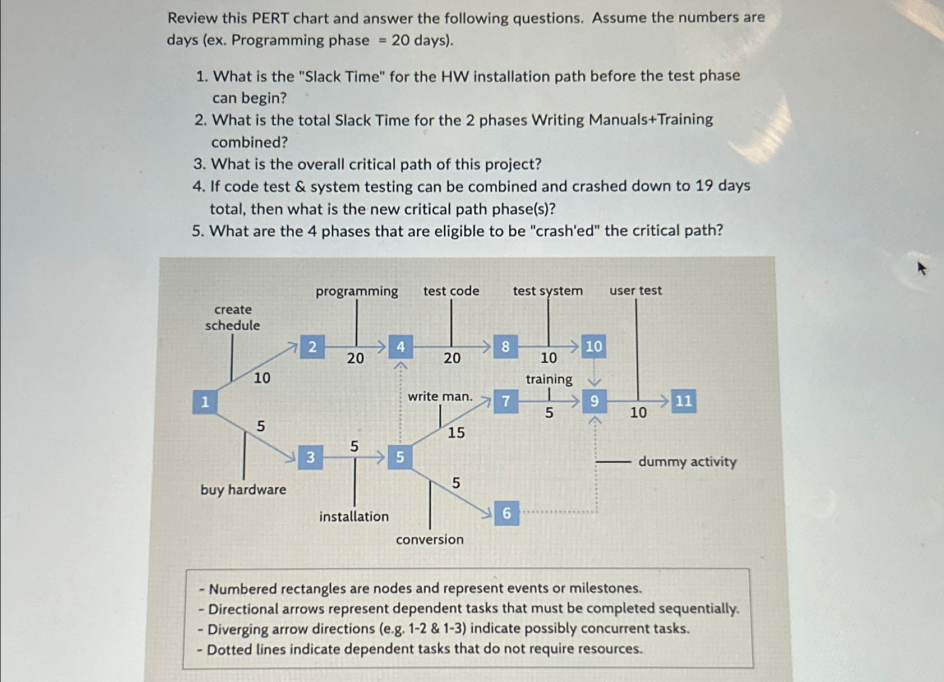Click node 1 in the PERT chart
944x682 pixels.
click(205, 402)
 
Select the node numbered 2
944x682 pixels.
click(312, 347)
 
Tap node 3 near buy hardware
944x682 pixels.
click(310, 458)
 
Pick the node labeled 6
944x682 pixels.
click(506, 513)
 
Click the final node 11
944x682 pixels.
click(683, 401)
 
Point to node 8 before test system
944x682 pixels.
click(505, 347)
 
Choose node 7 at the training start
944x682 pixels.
click(506, 401)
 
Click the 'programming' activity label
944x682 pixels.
click(357, 291)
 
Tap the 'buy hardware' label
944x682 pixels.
click(243, 490)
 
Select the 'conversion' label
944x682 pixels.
click(430, 540)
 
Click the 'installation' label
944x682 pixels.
click(354, 517)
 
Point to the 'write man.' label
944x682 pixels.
click(440, 397)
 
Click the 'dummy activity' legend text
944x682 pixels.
click(687, 462)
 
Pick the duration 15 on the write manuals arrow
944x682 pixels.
click(456, 432)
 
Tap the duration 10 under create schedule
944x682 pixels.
click(262, 378)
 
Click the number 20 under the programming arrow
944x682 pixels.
click(355, 358)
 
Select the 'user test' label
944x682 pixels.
click(636, 291)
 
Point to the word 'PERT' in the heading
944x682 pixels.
click(270, 18)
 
